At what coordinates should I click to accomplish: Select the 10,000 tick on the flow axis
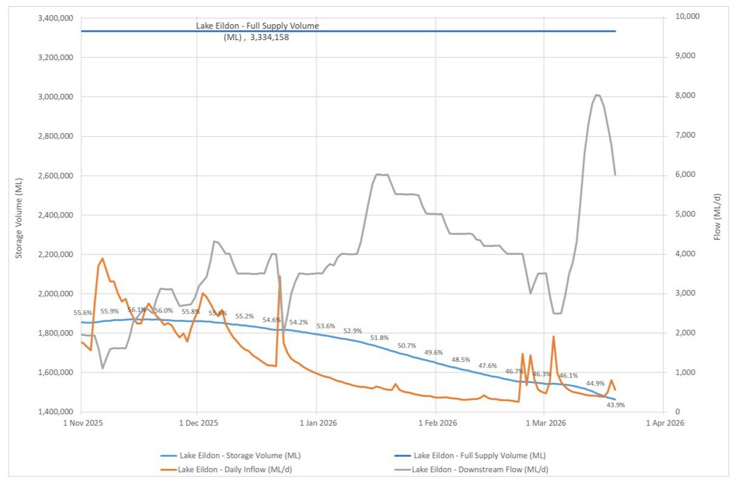click(x=686, y=16)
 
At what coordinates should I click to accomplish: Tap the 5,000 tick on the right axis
click(x=684, y=214)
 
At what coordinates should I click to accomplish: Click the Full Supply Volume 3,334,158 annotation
click(x=257, y=31)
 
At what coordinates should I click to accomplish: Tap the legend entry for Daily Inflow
click(x=239, y=469)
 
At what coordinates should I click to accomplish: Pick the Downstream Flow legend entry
click(x=480, y=469)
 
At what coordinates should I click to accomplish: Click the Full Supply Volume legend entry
click(x=479, y=456)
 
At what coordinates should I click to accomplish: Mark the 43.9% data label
click(x=615, y=405)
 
